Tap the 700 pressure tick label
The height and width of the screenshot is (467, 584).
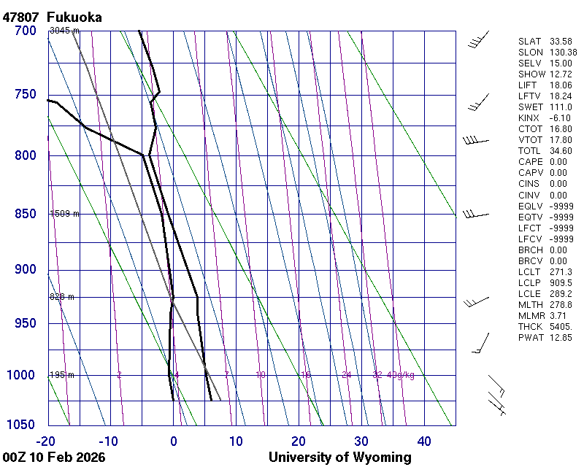25,31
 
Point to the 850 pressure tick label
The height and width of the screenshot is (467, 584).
25,214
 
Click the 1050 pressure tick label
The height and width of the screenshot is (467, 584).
22,425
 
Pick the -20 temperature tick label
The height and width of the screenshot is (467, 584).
46,441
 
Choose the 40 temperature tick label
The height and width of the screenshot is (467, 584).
424,441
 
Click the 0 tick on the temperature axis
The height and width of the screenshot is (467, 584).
174,441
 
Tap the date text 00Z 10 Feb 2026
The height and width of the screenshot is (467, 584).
54,458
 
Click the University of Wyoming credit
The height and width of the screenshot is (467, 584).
339,458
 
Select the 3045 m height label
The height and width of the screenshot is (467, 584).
64,31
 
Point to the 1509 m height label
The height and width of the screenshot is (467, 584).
64,214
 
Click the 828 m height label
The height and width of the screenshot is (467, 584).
62,297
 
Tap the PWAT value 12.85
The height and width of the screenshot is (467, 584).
560,338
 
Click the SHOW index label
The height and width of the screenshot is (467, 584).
531,74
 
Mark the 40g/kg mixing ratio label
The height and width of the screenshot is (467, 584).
401,375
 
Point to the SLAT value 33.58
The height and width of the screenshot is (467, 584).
560,42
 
